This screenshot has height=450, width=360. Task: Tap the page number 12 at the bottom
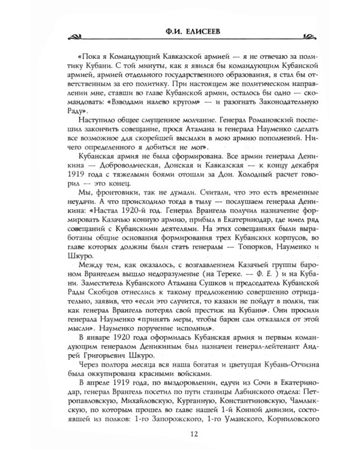click(x=180, y=433)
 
